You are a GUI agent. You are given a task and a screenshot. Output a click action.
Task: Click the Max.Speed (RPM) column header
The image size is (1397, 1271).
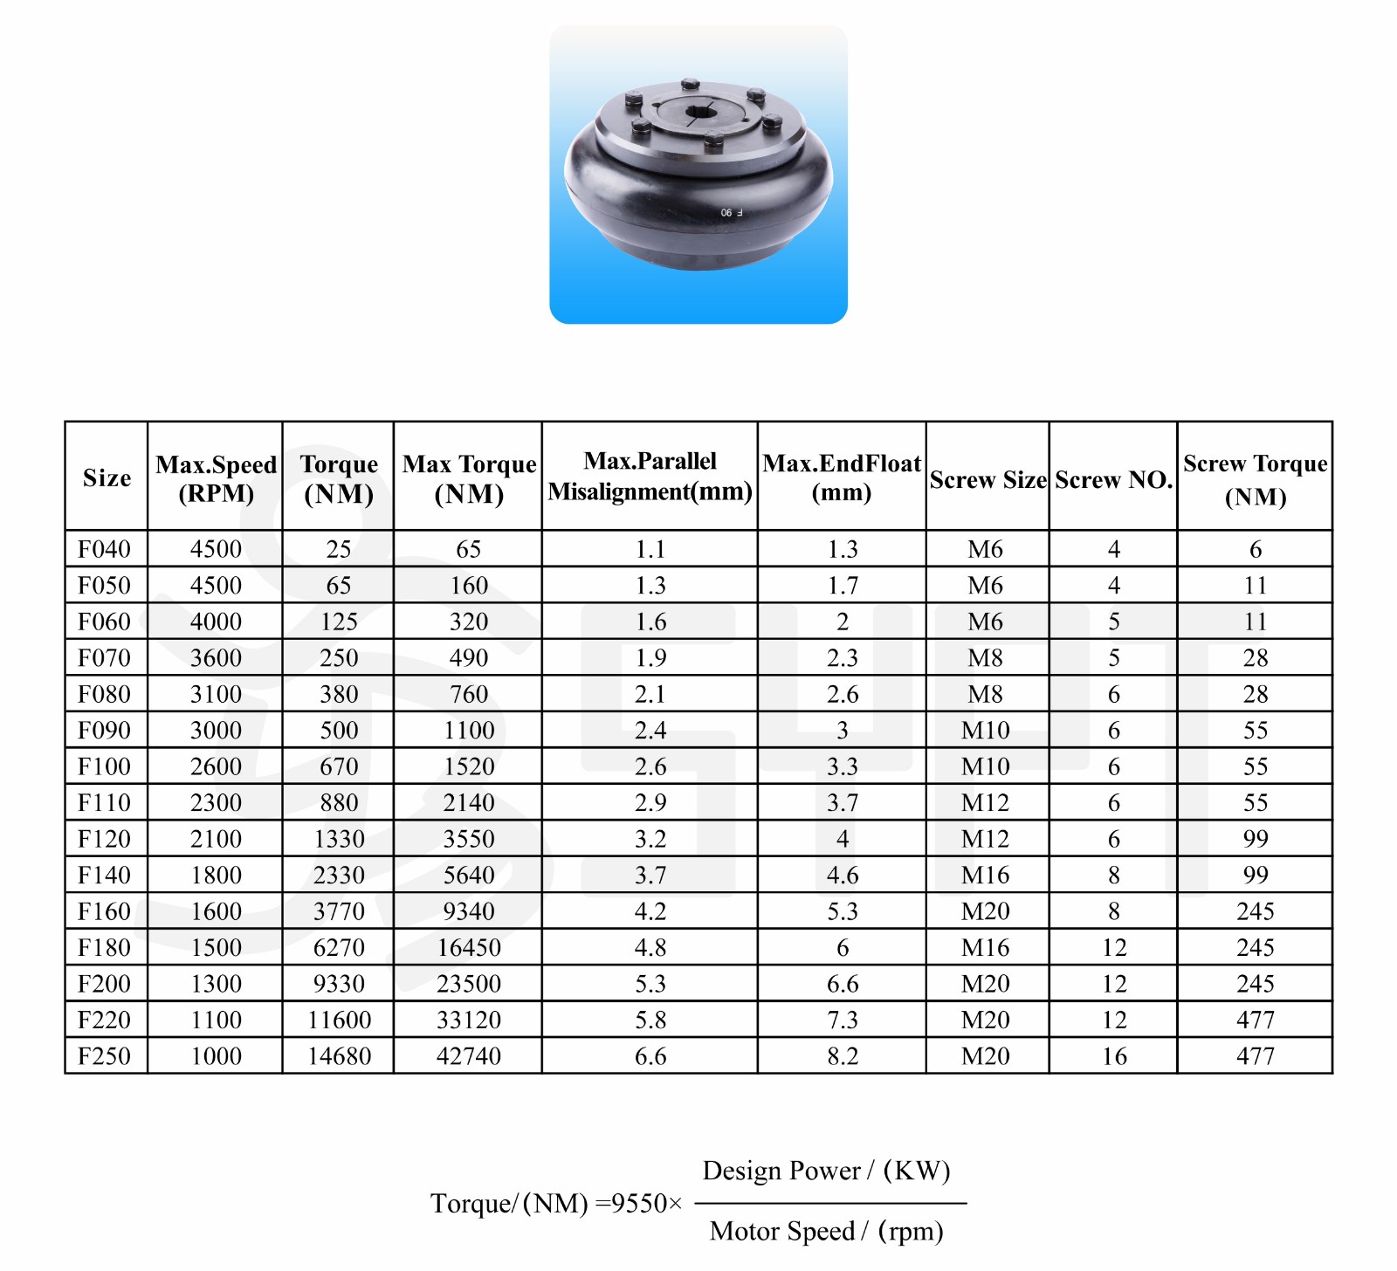[216, 477]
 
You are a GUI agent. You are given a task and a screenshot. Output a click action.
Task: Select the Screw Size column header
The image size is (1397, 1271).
[988, 479]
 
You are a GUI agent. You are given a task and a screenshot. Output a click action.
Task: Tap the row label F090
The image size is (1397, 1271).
[104, 730]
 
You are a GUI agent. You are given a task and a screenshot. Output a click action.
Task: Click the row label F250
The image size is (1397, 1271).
[104, 1055]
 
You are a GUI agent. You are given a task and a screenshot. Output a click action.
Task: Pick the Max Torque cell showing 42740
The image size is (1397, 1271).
[469, 1055]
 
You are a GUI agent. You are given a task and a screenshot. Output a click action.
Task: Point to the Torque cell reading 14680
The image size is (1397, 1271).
[339, 1055]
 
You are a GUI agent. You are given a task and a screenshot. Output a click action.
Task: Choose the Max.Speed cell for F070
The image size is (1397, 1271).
[216, 657]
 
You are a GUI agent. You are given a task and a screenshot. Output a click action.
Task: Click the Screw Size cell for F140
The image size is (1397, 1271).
[985, 875]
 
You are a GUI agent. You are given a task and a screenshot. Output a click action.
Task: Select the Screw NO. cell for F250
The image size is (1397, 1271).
[1113, 1055]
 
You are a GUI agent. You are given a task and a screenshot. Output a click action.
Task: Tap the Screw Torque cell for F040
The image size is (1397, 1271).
[1255, 549]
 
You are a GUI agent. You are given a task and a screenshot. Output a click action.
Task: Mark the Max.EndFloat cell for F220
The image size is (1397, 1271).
[842, 1020]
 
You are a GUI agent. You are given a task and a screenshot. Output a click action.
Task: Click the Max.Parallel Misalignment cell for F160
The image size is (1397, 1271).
[650, 911]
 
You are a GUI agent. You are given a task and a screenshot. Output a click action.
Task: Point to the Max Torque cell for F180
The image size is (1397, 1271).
[469, 947]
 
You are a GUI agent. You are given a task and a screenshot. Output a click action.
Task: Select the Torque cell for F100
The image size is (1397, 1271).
[339, 766]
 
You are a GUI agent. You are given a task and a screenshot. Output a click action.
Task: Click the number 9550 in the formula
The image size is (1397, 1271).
[639, 1204]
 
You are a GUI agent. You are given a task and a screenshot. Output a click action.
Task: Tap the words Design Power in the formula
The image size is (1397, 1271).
[781, 1171]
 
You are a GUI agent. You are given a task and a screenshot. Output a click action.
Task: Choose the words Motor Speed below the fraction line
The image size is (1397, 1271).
[781, 1231]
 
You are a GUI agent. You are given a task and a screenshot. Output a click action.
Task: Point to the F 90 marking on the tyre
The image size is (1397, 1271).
[731, 212]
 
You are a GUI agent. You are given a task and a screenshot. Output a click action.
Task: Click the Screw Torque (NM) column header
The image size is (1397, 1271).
[1255, 479]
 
